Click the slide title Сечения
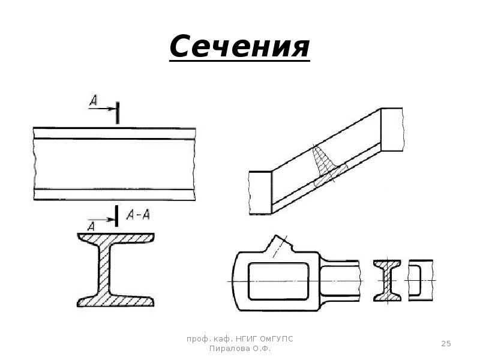(239, 46)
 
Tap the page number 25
(446, 343)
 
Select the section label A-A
(138, 215)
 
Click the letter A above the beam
(94, 100)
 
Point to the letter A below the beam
(91, 227)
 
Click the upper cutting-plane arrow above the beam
(102, 109)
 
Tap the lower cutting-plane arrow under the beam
(101, 220)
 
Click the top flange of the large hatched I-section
(116, 238)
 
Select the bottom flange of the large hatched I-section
(116, 301)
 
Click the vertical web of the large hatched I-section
(104, 269)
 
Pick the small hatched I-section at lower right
(387, 280)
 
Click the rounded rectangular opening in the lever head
(278, 281)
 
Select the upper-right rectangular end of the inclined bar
(392, 130)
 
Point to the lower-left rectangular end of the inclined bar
(260, 193)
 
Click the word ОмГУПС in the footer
(277, 339)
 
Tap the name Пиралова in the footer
(229, 349)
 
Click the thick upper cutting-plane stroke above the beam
(117, 113)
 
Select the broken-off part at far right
(421, 280)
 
